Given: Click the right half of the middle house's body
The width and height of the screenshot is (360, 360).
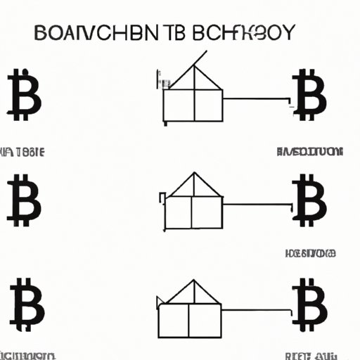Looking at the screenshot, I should click(207, 213).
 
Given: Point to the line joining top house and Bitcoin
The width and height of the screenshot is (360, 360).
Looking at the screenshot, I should click(256, 99).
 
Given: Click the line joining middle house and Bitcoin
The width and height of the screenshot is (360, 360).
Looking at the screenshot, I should click(256, 205).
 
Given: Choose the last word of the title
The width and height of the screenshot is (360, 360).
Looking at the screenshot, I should click(246, 33).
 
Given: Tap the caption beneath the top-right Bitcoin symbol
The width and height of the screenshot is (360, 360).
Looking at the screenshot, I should click(309, 151).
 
